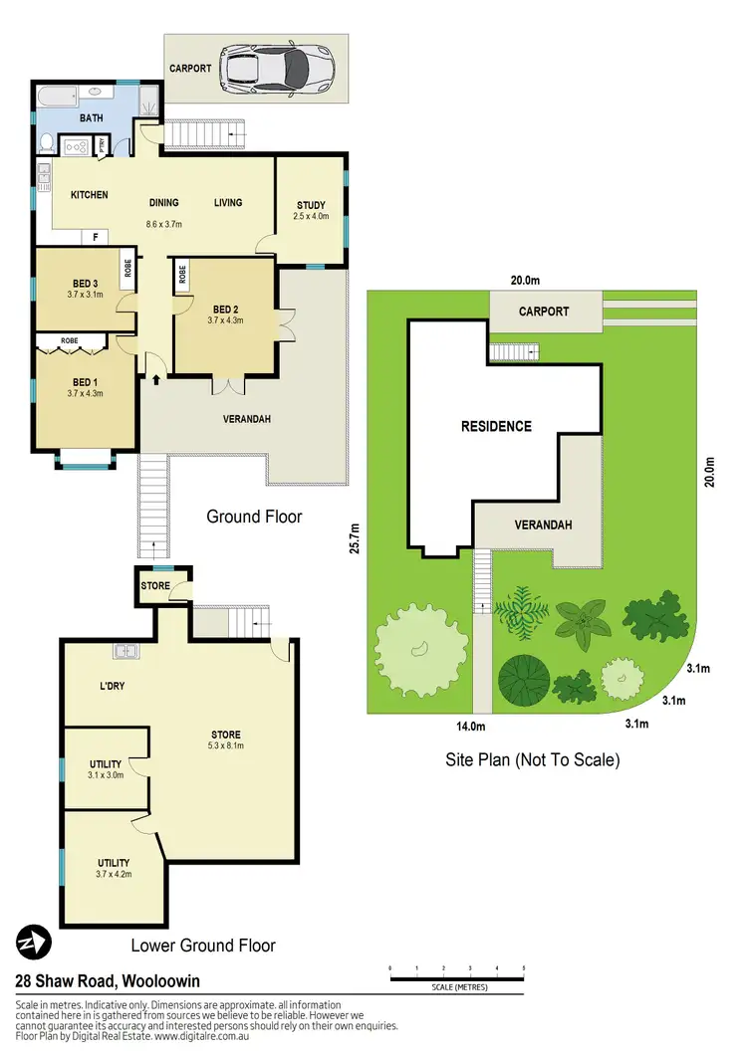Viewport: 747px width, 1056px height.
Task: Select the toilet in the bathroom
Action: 45,143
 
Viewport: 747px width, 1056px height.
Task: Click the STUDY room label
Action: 310,206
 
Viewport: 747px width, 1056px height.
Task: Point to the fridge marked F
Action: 96,237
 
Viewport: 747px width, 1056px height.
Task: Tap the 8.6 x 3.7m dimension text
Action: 164,224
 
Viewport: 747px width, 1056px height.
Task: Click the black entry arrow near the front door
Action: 155,377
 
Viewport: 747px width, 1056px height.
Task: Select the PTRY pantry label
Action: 103,146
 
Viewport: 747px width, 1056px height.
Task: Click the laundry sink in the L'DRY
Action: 126,652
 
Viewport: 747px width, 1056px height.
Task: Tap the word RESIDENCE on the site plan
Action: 496,426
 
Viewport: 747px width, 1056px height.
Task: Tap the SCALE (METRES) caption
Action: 456,987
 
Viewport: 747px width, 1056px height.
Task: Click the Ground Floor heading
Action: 254,517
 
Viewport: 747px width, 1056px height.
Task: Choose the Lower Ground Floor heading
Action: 203,945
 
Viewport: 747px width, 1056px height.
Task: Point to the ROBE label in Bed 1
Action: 70,339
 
